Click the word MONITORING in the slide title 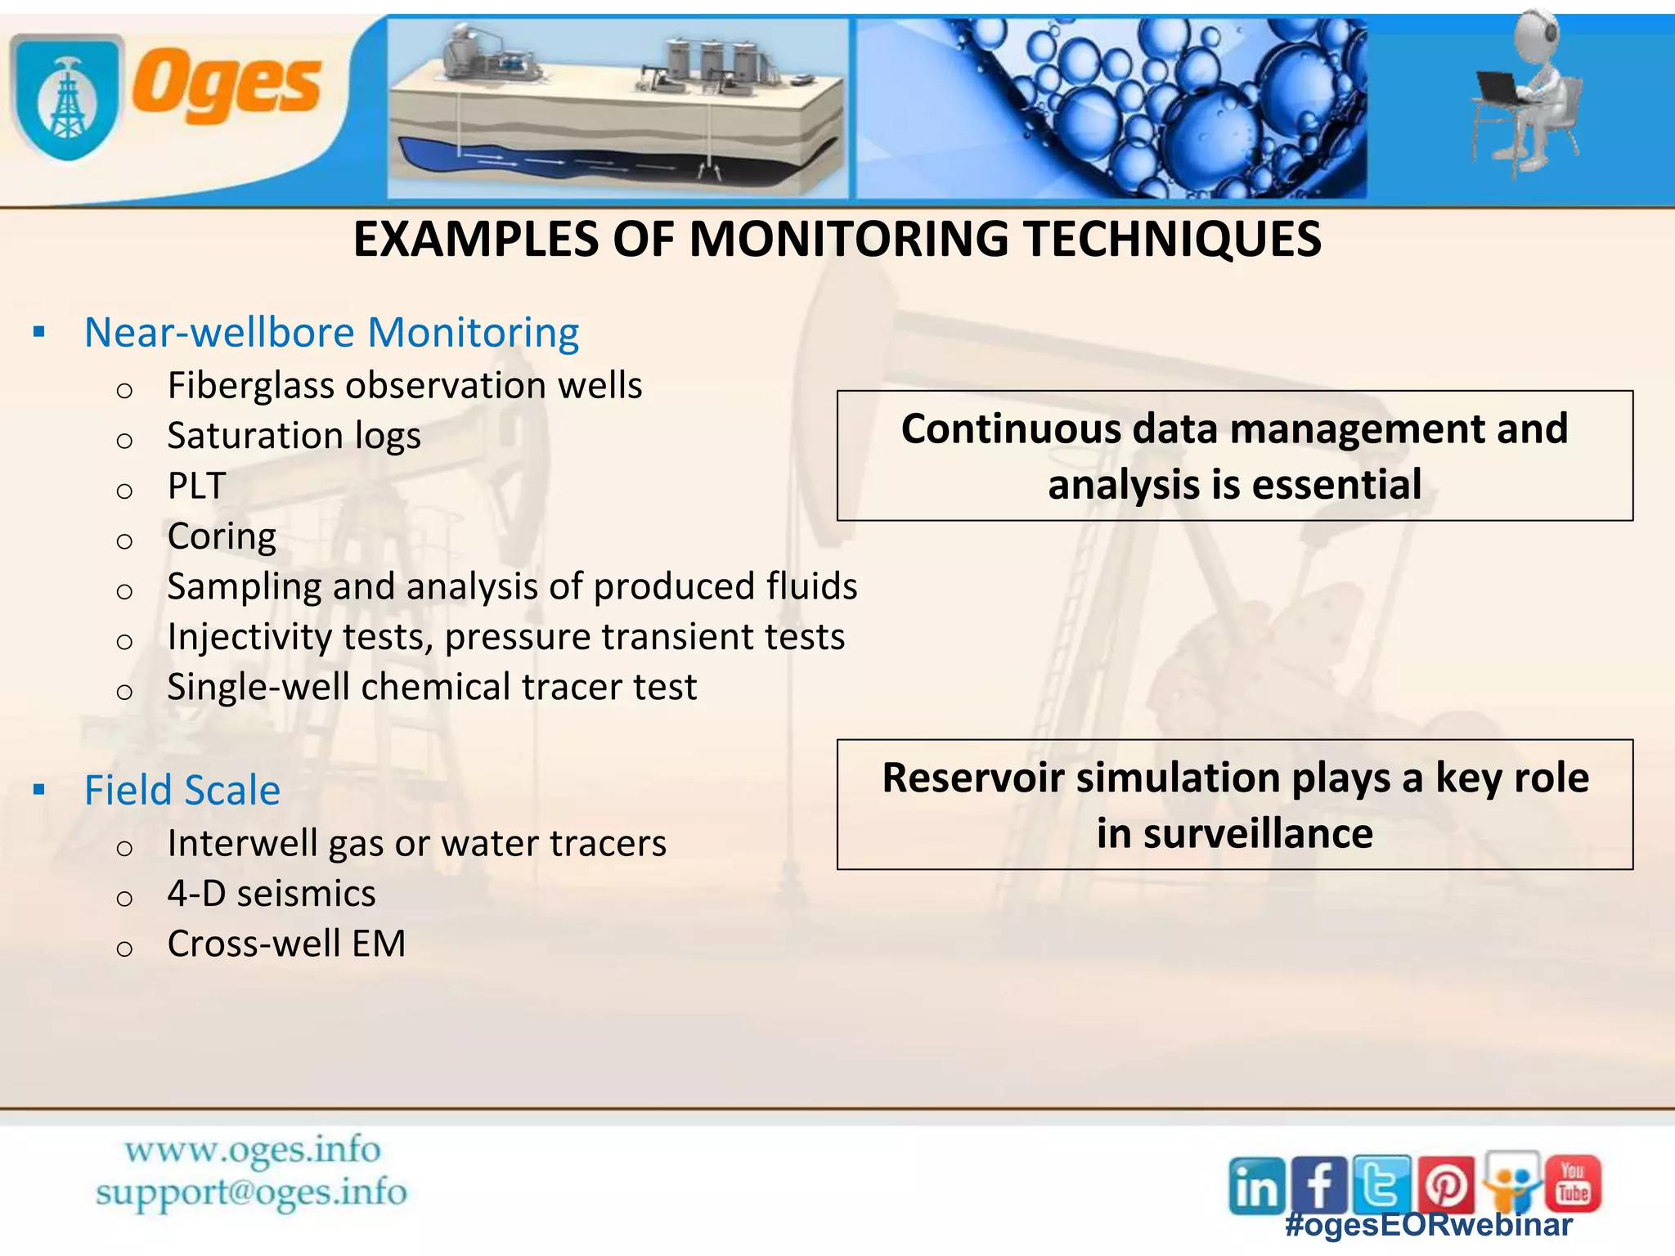[x=850, y=240]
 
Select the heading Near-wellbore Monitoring [x=331, y=333]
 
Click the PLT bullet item [x=196, y=486]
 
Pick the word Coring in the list [x=222, y=536]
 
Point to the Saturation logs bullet [x=294, y=436]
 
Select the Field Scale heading [x=182, y=791]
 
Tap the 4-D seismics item [x=271, y=894]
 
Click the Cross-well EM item [x=286, y=944]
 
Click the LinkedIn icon [x=1255, y=1186]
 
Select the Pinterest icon [x=1446, y=1185]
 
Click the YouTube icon [x=1573, y=1183]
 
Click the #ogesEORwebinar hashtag [x=1428, y=1225]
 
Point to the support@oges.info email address [x=251, y=1192]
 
